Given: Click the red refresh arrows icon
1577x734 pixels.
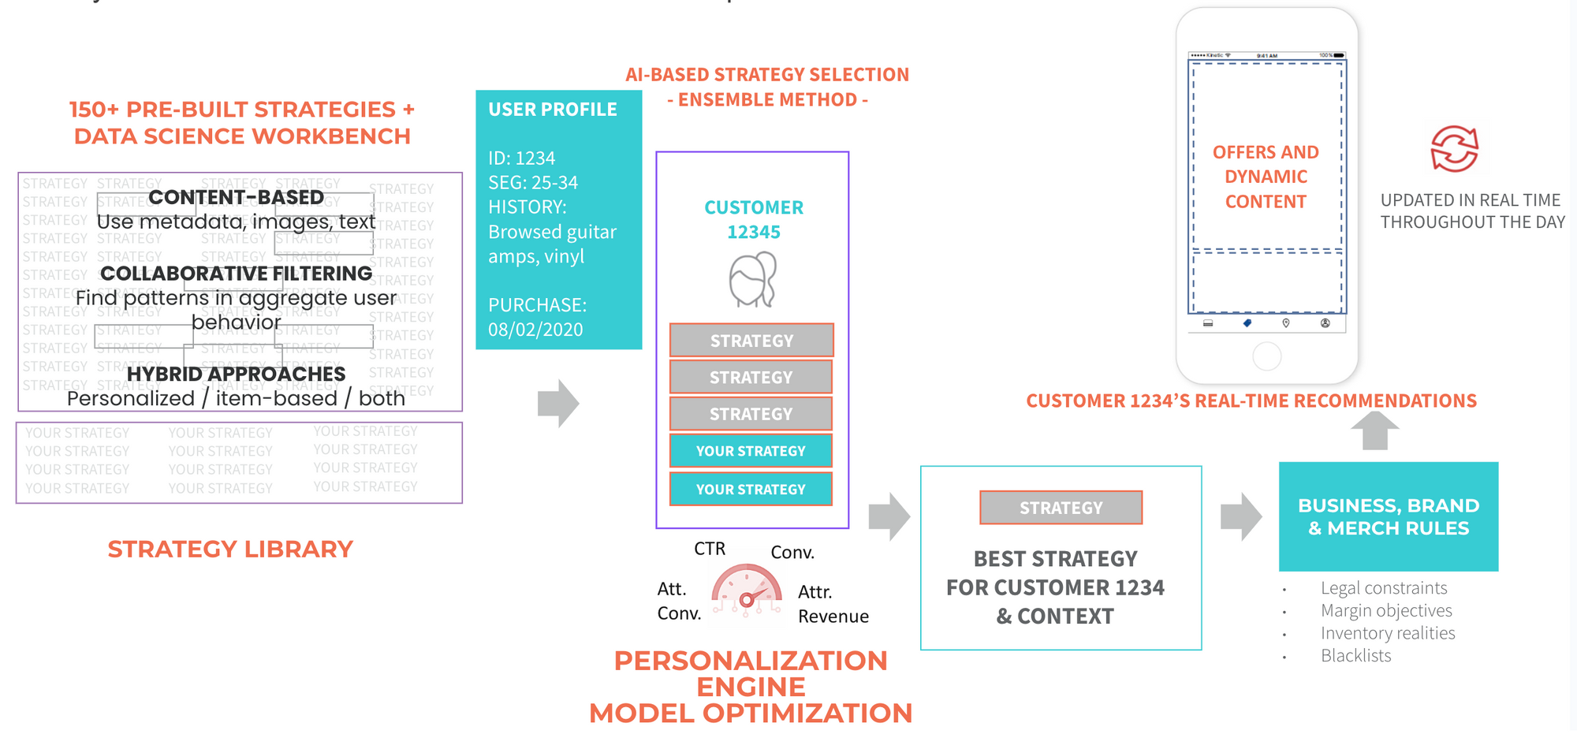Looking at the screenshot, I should click(x=1454, y=148).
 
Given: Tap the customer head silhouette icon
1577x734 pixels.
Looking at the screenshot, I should click(x=753, y=279).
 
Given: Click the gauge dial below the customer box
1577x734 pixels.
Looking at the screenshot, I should click(x=746, y=591).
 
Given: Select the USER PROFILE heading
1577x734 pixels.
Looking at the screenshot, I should click(x=552, y=110).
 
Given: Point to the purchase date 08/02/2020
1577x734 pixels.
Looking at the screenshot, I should click(x=535, y=330).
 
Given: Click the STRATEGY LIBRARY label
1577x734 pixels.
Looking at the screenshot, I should click(x=230, y=549).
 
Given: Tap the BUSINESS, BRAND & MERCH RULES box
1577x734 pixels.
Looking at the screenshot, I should click(x=1388, y=516).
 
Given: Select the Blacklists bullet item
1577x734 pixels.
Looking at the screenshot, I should click(x=1355, y=656).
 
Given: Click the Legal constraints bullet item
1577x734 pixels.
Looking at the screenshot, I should click(x=1384, y=588).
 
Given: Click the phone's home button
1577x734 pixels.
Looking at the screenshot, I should click(x=1266, y=356).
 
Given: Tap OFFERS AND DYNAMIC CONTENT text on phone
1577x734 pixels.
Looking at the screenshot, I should click(x=1266, y=177).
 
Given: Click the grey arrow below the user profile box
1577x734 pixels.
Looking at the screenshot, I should click(x=558, y=403).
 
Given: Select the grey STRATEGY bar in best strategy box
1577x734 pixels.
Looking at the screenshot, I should click(x=1061, y=508).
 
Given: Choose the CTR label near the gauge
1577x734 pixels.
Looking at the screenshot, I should click(x=709, y=549).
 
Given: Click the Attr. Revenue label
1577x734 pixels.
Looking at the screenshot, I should click(x=833, y=604).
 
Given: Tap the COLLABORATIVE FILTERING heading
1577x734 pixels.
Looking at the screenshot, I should click(x=236, y=274).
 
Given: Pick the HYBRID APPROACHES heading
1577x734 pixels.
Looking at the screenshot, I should click(x=236, y=374).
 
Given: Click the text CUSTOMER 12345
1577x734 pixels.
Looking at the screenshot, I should click(x=753, y=219).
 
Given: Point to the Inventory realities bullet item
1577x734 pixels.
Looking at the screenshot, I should click(x=1388, y=633).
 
